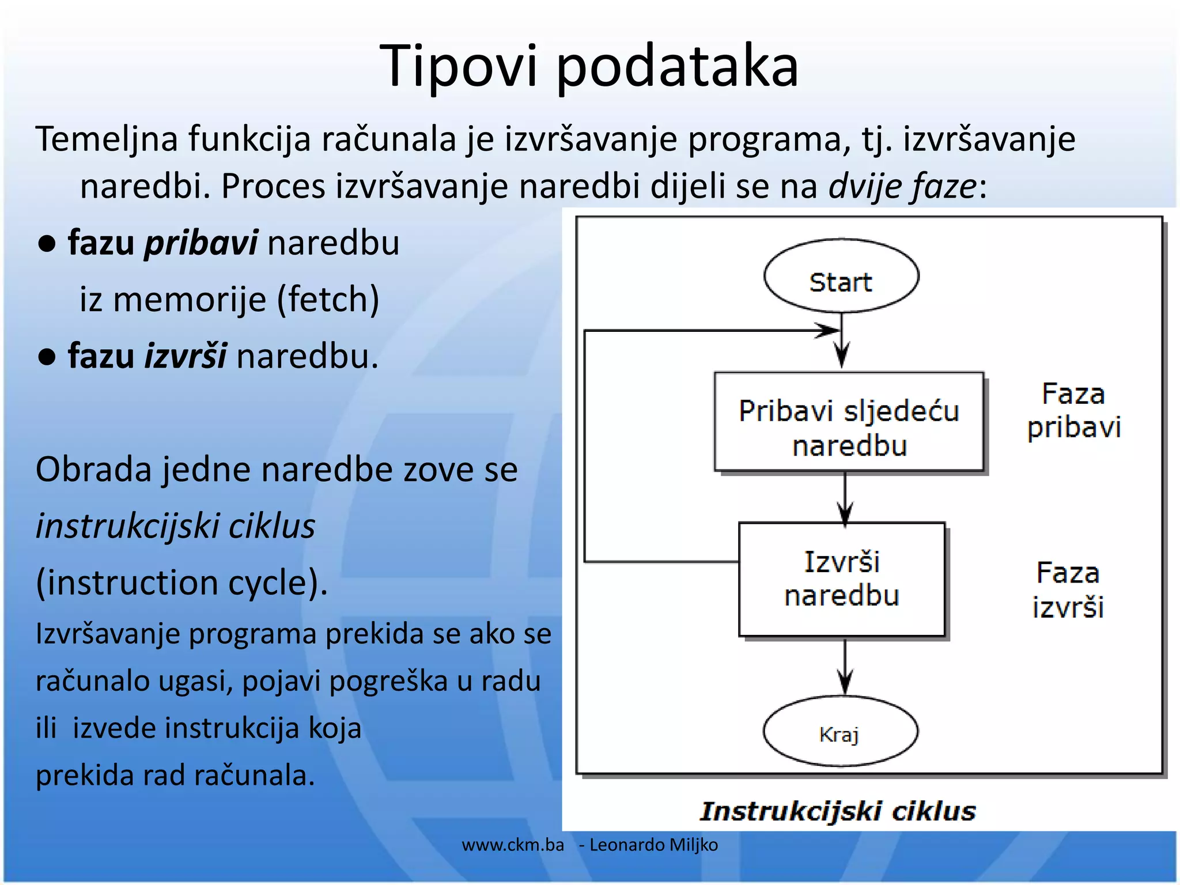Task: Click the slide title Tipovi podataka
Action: (x=589, y=66)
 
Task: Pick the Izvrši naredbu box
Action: (x=842, y=579)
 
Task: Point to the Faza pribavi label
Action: (x=1073, y=411)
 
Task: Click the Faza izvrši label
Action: (x=1068, y=590)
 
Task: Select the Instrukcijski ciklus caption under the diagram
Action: (x=838, y=811)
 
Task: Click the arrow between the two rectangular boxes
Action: (x=845, y=498)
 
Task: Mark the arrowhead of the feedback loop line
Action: (x=829, y=331)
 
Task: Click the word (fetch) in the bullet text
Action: (x=328, y=300)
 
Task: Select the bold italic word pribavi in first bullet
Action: (x=201, y=243)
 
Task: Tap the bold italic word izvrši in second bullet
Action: (x=185, y=356)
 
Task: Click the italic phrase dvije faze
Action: (x=902, y=186)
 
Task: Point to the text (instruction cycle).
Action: (x=181, y=582)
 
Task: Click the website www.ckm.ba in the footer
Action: (x=513, y=845)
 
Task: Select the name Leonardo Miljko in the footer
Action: (x=653, y=845)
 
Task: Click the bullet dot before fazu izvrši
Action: (x=47, y=358)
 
